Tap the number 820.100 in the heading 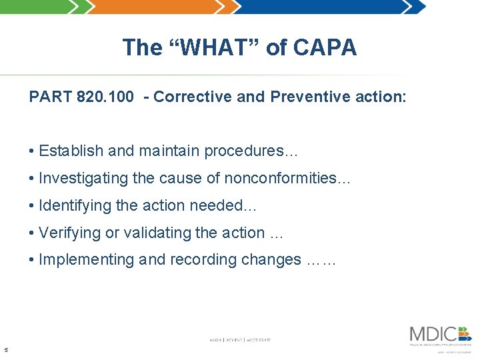pos(105,97)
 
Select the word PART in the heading pos(51,97)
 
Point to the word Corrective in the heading pos(193,97)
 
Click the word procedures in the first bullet pos(247,151)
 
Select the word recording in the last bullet pos(200,260)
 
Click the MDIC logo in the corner pos(440,335)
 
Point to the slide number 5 pos(6,349)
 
